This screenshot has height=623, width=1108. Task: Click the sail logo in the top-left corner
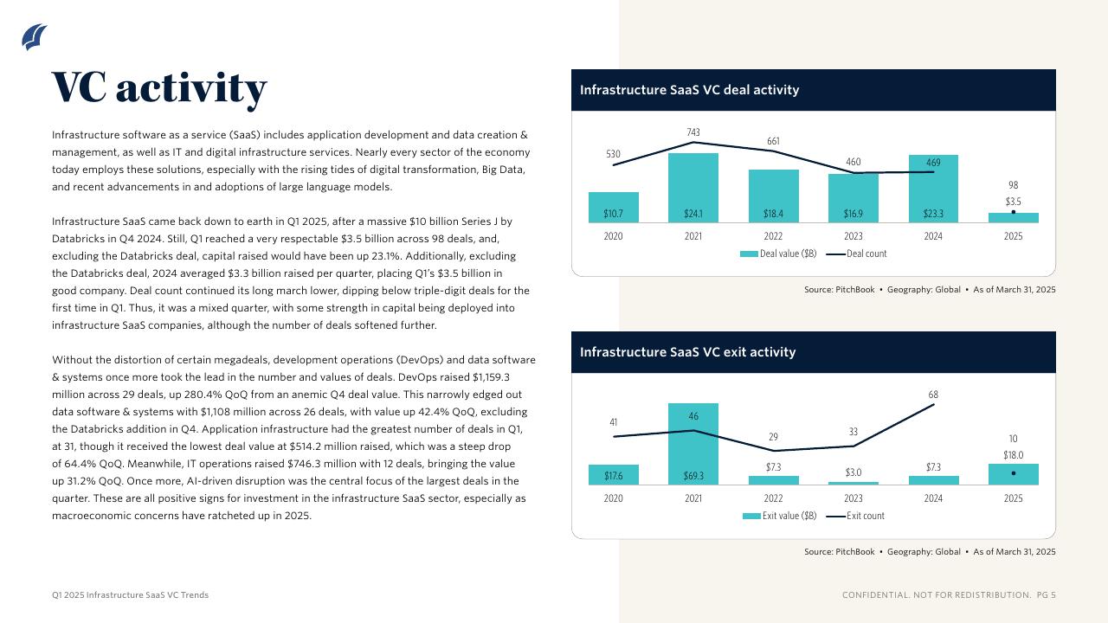point(35,37)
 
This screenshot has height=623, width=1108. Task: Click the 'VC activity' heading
point(159,87)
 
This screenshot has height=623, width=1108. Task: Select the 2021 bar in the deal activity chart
point(693,188)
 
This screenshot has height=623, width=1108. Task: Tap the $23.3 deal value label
point(933,214)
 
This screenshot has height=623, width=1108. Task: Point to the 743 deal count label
point(693,132)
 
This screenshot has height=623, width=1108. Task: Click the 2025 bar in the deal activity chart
point(1013,218)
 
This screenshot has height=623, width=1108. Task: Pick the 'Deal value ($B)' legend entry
point(777,254)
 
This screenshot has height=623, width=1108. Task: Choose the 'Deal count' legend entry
point(857,254)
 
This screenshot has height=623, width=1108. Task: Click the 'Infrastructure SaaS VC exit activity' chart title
point(687,352)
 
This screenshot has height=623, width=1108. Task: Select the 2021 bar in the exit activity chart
point(693,444)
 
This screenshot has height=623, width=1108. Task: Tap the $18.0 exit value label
point(1013,455)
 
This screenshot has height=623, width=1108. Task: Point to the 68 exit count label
point(933,395)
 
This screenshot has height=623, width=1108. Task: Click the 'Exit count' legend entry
point(857,516)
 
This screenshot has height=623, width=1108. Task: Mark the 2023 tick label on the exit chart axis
point(854,498)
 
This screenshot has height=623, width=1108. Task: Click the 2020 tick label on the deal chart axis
point(613,236)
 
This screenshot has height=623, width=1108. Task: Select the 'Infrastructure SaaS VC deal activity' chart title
point(689,90)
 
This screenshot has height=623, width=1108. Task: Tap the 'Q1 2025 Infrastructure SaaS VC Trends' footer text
point(130,595)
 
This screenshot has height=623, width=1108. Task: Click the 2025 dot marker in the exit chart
point(1013,473)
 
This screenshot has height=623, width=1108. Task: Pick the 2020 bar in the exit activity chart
point(613,475)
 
